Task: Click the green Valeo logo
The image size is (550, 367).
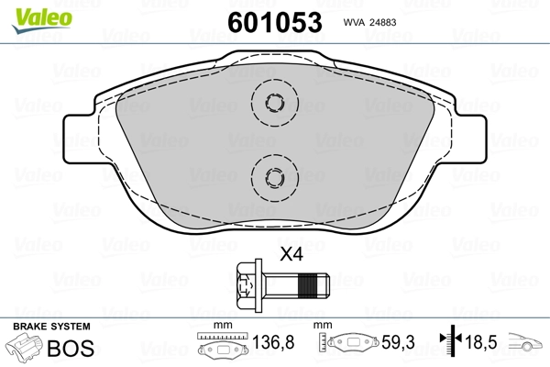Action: tap(42, 20)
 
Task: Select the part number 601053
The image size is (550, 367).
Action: tap(275, 22)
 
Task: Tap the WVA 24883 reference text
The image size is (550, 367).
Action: tap(369, 22)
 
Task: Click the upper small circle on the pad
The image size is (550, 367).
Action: tap(275, 103)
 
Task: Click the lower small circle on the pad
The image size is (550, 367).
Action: tap(275, 177)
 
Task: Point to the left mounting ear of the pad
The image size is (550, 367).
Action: tap(79, 139)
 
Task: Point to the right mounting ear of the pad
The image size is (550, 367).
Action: tap(471, 139)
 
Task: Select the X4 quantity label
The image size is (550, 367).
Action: tap(291, 255)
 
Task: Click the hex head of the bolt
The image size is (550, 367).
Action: tap(246, 286)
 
